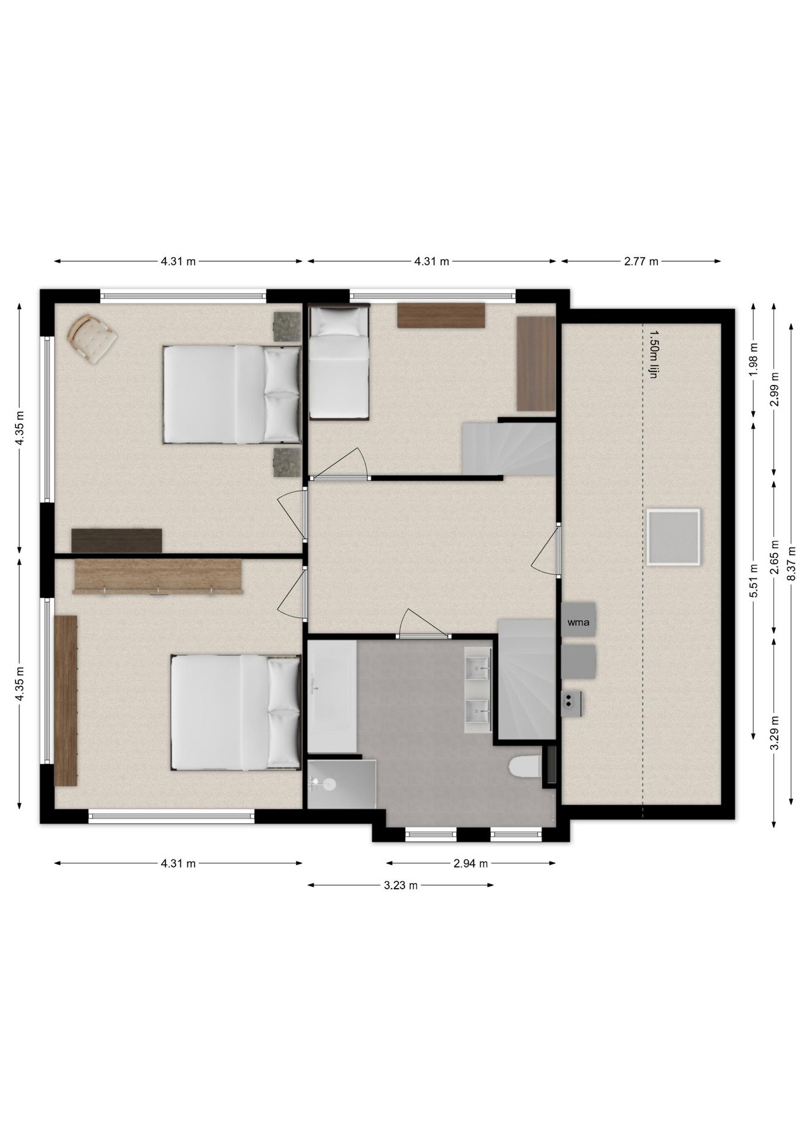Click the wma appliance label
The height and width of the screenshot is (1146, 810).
point(578,623)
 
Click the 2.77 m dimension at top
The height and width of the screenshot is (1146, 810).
point(641,261)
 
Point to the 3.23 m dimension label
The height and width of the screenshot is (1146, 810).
point(401,885)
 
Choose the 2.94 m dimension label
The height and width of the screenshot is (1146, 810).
point(471,863)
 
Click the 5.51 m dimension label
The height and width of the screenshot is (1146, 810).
point(753,581)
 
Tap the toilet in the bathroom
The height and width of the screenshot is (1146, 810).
point(525,766)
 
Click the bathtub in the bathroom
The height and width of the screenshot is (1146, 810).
point(332,696)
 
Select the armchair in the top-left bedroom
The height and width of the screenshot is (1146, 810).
point(92,338)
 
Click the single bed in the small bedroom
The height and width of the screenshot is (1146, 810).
point(338,361)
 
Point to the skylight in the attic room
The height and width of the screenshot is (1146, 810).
point(673,537)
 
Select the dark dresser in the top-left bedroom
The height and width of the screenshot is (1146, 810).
point(117,540)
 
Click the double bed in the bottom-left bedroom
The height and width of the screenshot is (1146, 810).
point(236,712)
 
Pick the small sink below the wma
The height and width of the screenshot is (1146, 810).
point(572,704)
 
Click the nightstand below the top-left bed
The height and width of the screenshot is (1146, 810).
point(287,463)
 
